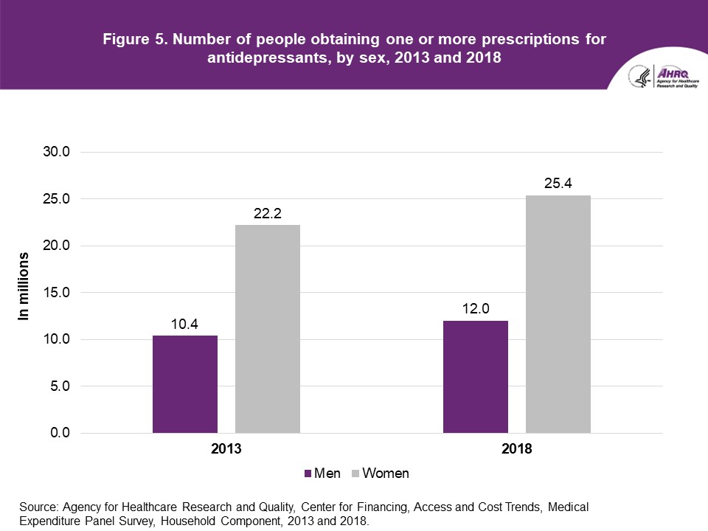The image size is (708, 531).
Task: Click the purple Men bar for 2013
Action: tap(185, 384)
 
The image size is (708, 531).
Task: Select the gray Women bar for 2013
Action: tap(268, 329)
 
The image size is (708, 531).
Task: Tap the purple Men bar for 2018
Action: tap(476, 377)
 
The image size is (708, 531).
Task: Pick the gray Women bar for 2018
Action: tap(558, 314)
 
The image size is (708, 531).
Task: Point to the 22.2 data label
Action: tap(268, 212)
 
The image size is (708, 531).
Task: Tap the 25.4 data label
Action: tap(558, 183)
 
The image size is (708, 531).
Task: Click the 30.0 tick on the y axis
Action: tap(55, 152)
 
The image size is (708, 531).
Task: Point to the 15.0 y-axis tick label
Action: tap(55, 293)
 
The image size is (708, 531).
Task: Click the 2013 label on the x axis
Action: tap(226, 448)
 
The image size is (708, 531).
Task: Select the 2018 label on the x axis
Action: tap(517, 448)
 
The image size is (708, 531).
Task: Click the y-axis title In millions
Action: tap(25, 286)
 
